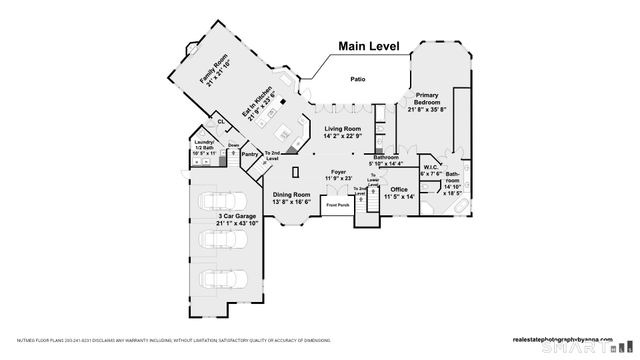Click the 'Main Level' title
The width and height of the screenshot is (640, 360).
tap(368, 46)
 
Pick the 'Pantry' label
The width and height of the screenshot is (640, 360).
tap(250, 155)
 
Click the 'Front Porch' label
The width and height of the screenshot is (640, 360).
tap(338, 206)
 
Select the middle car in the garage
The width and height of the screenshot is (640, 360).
tap(219, 239)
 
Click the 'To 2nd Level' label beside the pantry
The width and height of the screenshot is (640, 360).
tap(272, 156)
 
